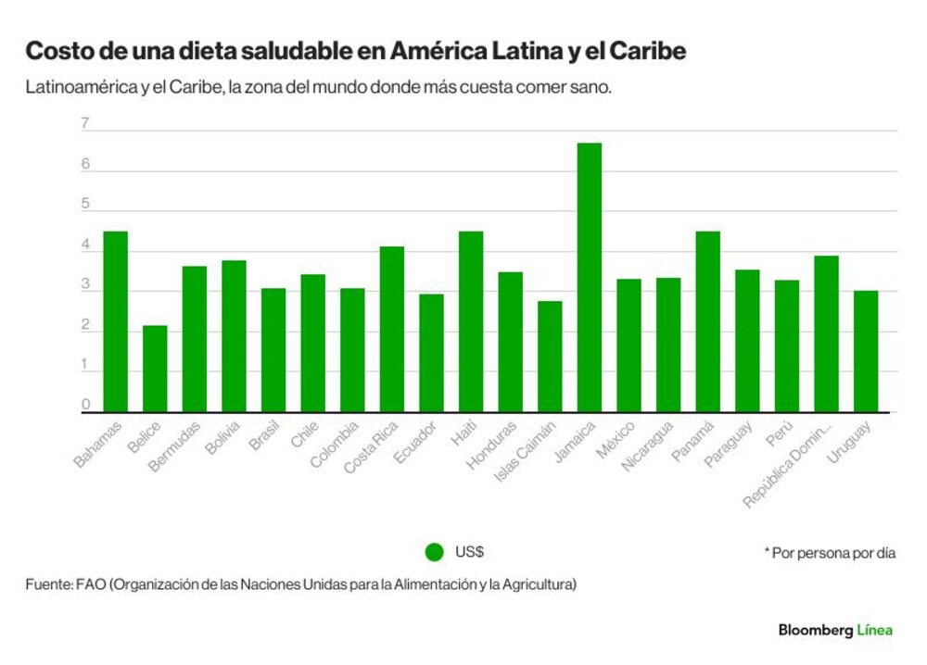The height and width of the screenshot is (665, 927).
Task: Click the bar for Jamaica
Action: pos(589,277)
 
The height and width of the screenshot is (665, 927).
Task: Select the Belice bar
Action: pos(155,369)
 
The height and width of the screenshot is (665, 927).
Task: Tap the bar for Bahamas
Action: pos(115,321)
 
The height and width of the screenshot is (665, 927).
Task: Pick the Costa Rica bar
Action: pos(392,329)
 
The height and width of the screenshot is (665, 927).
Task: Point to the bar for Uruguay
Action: pos(866,351)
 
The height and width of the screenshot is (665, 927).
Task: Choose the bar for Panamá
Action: pos(707,321)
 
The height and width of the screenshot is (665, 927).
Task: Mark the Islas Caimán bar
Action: pos(550,357)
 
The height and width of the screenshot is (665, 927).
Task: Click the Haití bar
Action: pos(471,321)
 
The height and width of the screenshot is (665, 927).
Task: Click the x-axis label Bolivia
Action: pos(222,437)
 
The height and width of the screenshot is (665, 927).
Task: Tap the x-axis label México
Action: pos(616,439)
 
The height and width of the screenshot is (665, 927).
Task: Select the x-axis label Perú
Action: pos(780,433)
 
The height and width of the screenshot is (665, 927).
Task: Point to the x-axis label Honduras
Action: pos(491,445)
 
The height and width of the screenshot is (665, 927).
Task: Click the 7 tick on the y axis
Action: pos(85,123)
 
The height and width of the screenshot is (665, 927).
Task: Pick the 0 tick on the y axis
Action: pos(85,405)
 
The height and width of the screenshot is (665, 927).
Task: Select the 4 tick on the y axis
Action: pos(85,245)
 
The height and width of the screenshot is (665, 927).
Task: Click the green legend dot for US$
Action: pos(435,552)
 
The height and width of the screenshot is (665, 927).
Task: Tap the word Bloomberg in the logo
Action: pos(816,630)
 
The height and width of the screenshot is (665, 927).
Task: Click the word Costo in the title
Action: pos(59,51)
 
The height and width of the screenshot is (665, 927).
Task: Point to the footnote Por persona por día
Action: pos(833,553)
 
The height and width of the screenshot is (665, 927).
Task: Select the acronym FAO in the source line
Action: pos(91,584)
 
